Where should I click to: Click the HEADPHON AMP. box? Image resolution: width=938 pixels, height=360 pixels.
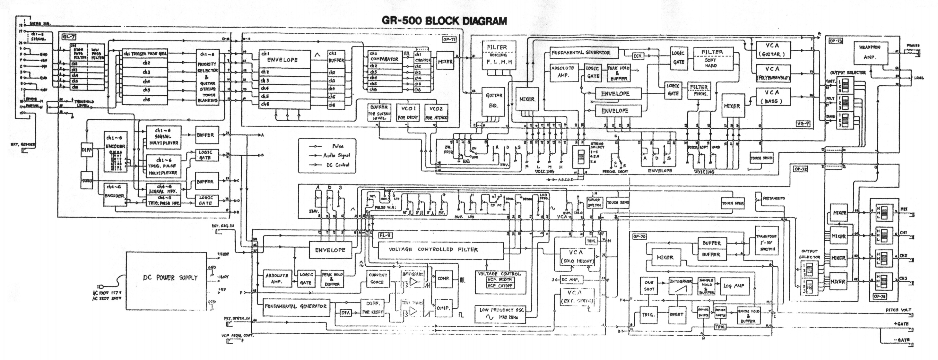click(870, 53)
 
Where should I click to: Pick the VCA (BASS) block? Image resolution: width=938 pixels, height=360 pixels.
click(773, 97)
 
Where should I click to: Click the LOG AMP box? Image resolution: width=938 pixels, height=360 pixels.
click(734, 286)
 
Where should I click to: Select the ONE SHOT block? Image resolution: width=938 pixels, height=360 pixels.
click(649, 286)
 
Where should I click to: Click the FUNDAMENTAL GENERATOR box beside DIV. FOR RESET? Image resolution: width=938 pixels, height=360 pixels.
click(295, 306)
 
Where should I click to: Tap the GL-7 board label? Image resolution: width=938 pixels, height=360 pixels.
click(69, 37)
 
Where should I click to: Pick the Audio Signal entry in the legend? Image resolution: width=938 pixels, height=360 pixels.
click(336, 155)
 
